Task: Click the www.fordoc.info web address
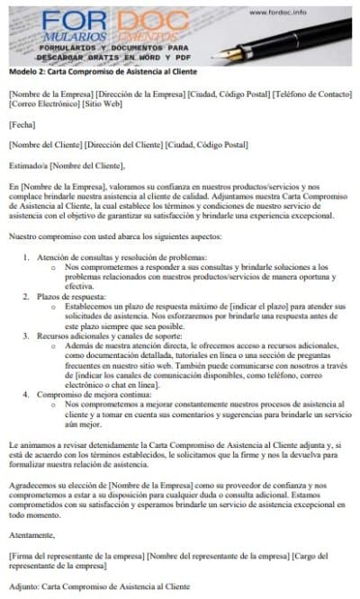coord(276,12)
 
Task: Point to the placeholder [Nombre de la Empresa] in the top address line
coord(49,94)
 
